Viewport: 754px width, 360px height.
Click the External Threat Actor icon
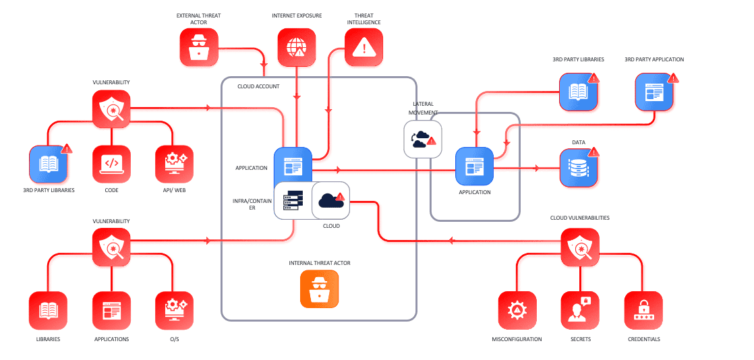click(x=199, y=47)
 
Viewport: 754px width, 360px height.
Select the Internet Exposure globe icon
click(x=297, y=47)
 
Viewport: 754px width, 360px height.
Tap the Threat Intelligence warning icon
click(x=364, y=47)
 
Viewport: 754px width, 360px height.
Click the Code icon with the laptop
click(x=111, y=164)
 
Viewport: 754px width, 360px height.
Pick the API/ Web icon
click(x=174, y=164)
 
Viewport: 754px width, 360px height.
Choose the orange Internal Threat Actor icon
click(x=319, y=289)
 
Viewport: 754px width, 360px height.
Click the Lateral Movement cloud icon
click(x=422, y=139)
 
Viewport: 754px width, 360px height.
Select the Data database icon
click(x=579, y=168)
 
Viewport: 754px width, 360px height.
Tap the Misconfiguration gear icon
click(x=517, y=310)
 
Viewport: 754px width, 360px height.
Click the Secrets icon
click(x=580, y=310)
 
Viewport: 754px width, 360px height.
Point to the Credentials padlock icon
click(x=643, y=310)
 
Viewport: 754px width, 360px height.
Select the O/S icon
click(x=174, y=310)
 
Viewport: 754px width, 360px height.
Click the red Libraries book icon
click(x=48, y=310)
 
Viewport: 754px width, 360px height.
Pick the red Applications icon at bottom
click(x=111, y=310)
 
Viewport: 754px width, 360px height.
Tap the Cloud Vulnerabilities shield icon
click(x=580, y=247)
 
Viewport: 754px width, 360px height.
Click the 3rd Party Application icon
click(x=654, y=92)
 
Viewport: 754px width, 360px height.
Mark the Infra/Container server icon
click(x=293, y=200)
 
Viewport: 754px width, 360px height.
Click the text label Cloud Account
click(x=258, y=86)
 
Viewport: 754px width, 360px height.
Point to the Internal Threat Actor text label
click(x=319, y=262)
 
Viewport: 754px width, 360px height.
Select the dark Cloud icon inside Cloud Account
click(x=330, y=200)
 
